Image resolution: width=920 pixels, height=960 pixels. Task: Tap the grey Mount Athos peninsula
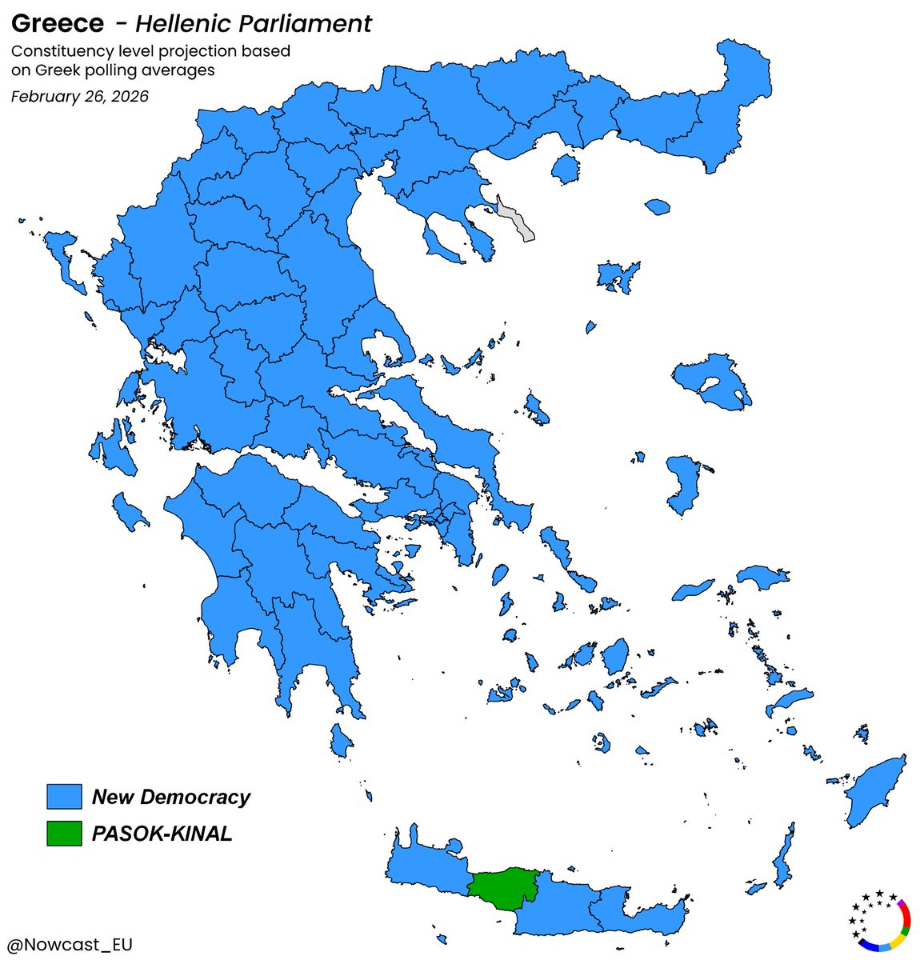click(x=515, y=220)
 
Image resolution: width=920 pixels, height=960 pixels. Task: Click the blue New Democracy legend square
click(x=64, y=797)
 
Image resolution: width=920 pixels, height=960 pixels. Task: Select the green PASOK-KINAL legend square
click(x=64, y=834)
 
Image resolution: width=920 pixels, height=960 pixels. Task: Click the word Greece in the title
click(x=57, y=23)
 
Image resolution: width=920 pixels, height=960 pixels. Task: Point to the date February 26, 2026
click(x=79, y=97)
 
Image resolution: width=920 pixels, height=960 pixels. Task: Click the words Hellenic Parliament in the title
click(x=254, y=23)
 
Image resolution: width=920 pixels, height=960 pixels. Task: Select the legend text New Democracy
click(x=170, y=797)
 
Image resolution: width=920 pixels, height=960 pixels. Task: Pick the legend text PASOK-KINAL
click(x=162, y=834)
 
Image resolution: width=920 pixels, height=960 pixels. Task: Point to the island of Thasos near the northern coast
click(x=566, y=169)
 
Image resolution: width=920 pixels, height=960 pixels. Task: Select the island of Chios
click(x=682, y=485)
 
